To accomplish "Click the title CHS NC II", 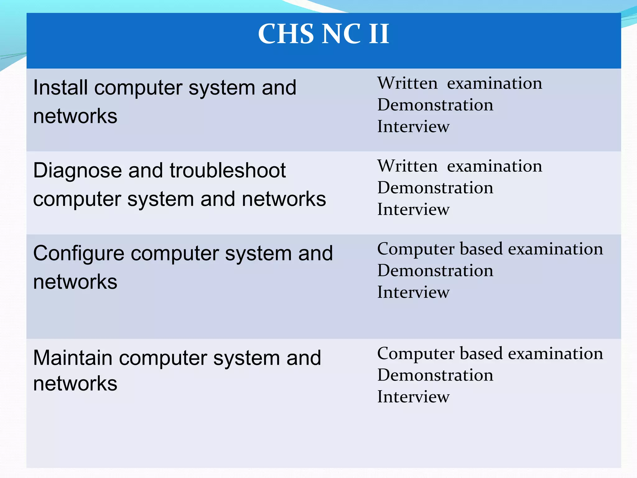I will [323, 34].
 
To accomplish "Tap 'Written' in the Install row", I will [407, 83].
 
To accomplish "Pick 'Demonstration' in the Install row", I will [435, 105].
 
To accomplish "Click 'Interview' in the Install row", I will [413, 126].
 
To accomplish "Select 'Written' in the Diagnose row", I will [407, 166].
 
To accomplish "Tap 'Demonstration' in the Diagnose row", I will [435, 188].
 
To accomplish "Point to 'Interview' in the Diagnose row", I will [413, 209].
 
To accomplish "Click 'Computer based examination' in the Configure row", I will [490, 249].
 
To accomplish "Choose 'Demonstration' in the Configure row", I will [435, 270].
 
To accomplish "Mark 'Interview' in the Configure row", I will [413, 292].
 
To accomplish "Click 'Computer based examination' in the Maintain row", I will [490, 354].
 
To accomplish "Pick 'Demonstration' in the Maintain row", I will [435, 375].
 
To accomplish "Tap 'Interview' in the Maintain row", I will [413, 397].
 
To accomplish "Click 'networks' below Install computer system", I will [75, 116].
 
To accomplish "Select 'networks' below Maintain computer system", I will [75, 383].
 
